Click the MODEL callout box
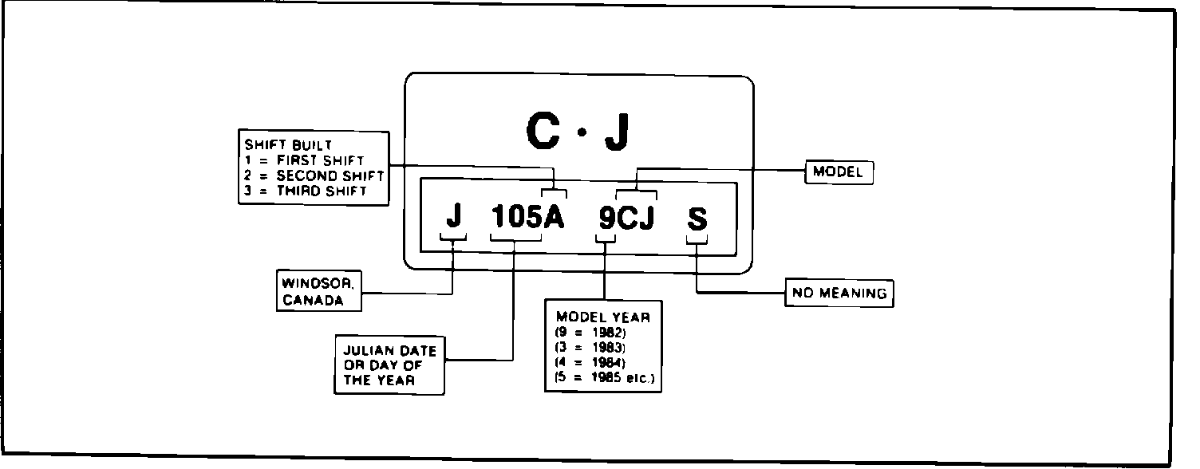click(x=837, y=171)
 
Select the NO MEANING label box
click(x=839, y=294)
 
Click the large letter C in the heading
click(x=543, y=133)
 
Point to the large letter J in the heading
click(x=616, y=133)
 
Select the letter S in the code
click(x=697, y=219)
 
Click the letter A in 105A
click(x=554, y=216)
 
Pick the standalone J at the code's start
click(x=453, y=216)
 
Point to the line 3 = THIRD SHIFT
click(x=306, y=191)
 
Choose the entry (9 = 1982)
click(x=590, y=332)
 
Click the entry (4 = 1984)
click(x=590, y=362)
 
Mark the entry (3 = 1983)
click(x=590, y=347)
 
